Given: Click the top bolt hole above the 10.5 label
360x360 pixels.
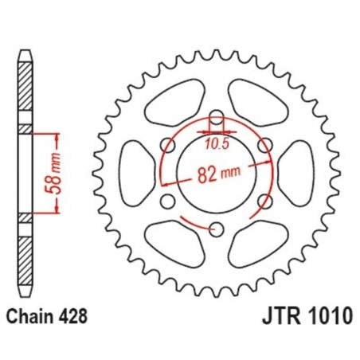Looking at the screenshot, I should click(x=215, y=116).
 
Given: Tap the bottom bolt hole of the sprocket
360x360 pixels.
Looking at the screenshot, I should click(x=215, y=230).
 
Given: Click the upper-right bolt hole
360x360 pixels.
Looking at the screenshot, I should click(x=264, y=144).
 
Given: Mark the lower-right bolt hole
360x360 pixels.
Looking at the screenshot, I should click(x=264, y=202).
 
